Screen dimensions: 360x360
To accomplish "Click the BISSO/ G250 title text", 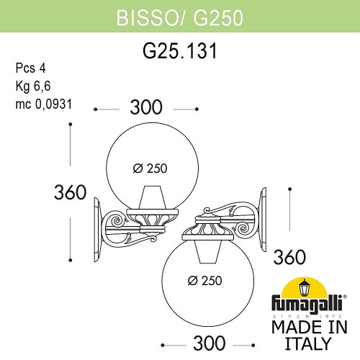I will [x=179, y=15].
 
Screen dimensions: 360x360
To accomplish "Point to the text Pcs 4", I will [x=28, y=69].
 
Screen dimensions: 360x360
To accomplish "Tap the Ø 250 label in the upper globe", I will [x=150, y=168].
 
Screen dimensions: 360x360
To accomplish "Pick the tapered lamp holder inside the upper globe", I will [x=150, y=197].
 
